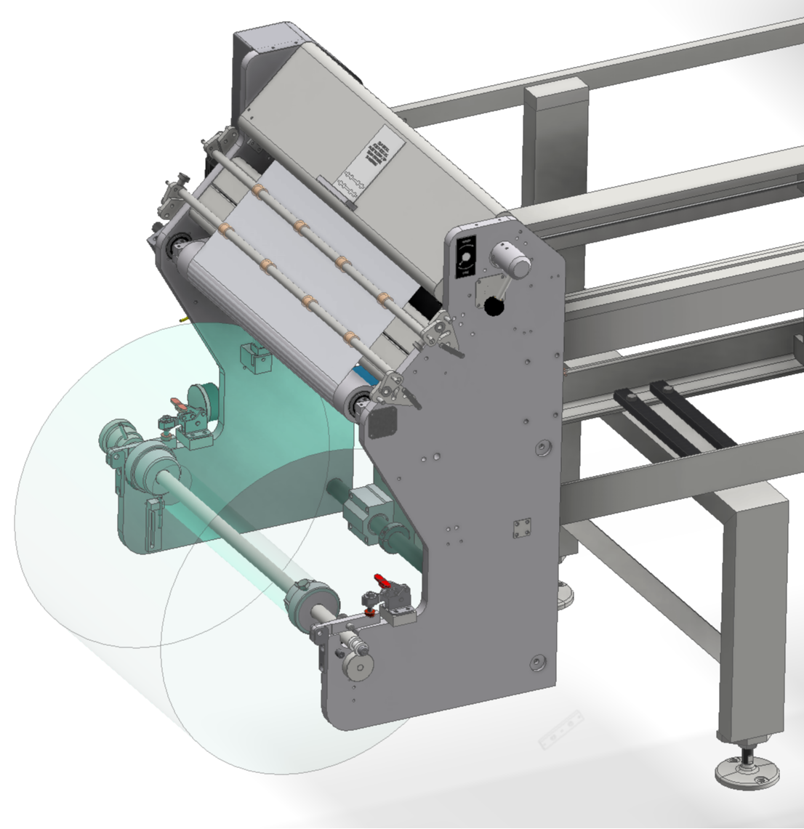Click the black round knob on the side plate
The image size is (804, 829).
494,307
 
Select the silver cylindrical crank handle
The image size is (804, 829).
510,261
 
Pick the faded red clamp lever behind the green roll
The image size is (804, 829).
177,403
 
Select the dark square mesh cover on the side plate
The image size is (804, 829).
382,421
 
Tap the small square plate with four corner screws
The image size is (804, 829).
521,529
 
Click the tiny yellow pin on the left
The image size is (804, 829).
182,318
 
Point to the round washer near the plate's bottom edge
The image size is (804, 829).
536,662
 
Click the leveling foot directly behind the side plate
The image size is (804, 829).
564,594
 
